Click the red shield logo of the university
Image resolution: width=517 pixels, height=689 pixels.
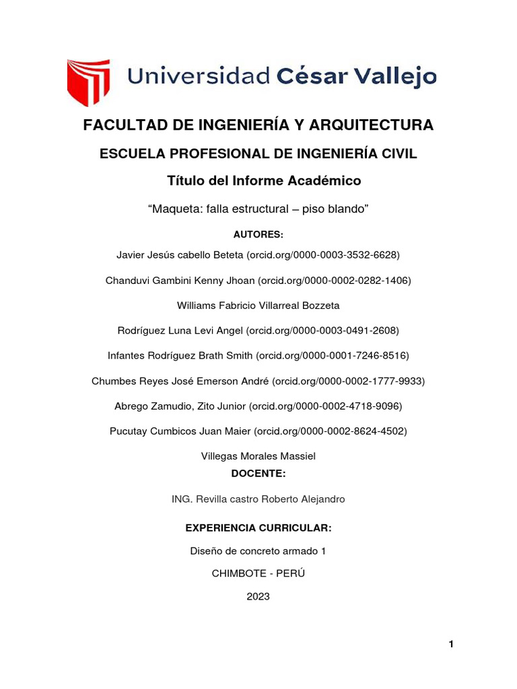[88, 82]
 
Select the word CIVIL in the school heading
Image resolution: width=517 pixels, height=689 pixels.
[398, 154]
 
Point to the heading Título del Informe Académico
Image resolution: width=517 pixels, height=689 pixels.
[258, 181]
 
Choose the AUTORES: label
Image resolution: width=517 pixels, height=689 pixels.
[258, 234]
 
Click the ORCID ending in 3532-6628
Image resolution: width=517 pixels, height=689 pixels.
[324, 255]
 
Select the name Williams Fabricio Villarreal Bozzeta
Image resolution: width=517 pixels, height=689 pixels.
[258, 305]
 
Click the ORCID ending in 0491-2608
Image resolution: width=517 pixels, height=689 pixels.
[323, 330]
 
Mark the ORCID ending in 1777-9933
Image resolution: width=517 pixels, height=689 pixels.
[348, 381]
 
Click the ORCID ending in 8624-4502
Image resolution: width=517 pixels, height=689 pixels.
[331, 431]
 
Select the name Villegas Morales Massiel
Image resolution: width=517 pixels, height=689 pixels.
[258, 456]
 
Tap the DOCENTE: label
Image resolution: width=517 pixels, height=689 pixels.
[258, 474]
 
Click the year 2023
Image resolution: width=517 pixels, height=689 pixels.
[258, 596]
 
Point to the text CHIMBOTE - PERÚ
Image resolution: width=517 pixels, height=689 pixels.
[258, 573]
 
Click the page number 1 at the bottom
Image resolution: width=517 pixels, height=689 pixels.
[451, 645]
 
